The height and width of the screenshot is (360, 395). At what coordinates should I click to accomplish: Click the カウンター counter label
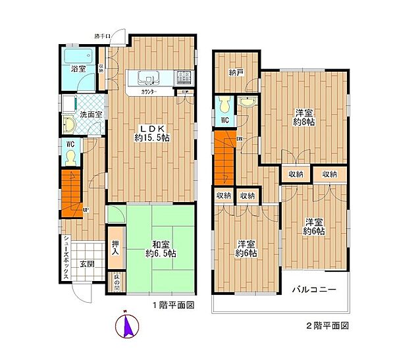point(151,92)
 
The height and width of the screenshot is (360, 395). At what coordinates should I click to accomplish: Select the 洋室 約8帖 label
point(305,116)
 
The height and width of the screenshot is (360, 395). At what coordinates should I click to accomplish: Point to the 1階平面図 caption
point(175,306)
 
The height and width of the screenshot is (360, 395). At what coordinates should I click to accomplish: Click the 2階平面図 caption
point(327,325)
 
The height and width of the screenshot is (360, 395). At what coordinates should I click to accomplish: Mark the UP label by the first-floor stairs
point(86,211)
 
